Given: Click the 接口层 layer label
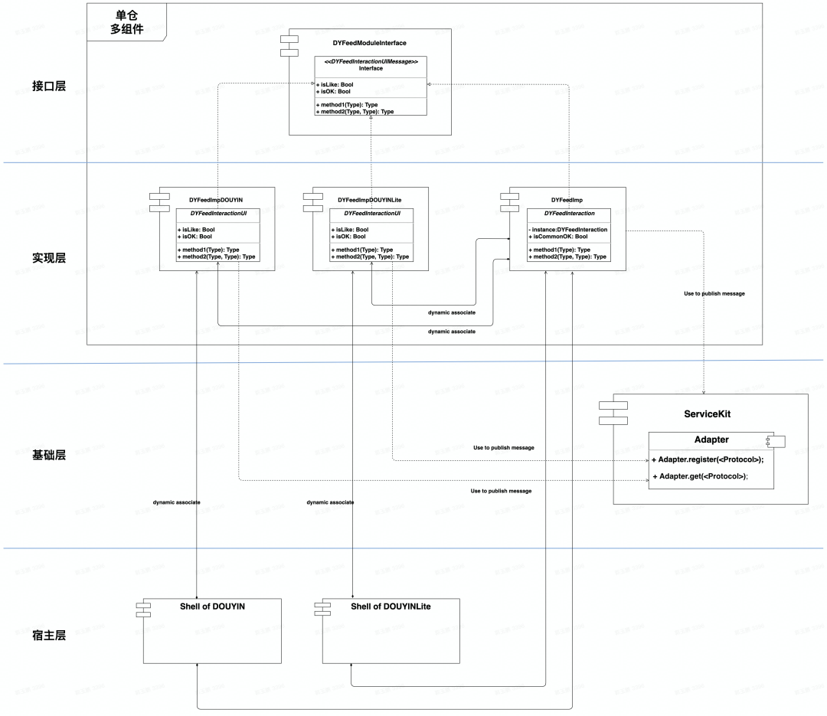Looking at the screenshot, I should point(49,86).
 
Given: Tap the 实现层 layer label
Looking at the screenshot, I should point(49,258).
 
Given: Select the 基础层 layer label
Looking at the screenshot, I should point(49,455).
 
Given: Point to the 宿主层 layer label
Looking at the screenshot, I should point(49,635).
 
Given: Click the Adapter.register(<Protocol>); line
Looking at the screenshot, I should point(708,459).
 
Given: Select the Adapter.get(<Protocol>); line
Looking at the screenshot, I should point(699,476).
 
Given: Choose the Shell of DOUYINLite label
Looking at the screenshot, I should point(391,606).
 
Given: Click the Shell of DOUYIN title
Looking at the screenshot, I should point(212,606).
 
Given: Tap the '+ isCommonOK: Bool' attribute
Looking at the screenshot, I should point(561,237).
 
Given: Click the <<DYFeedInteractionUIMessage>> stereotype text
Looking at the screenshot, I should point(371,60).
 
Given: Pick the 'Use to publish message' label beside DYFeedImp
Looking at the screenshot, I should point(714,293).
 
